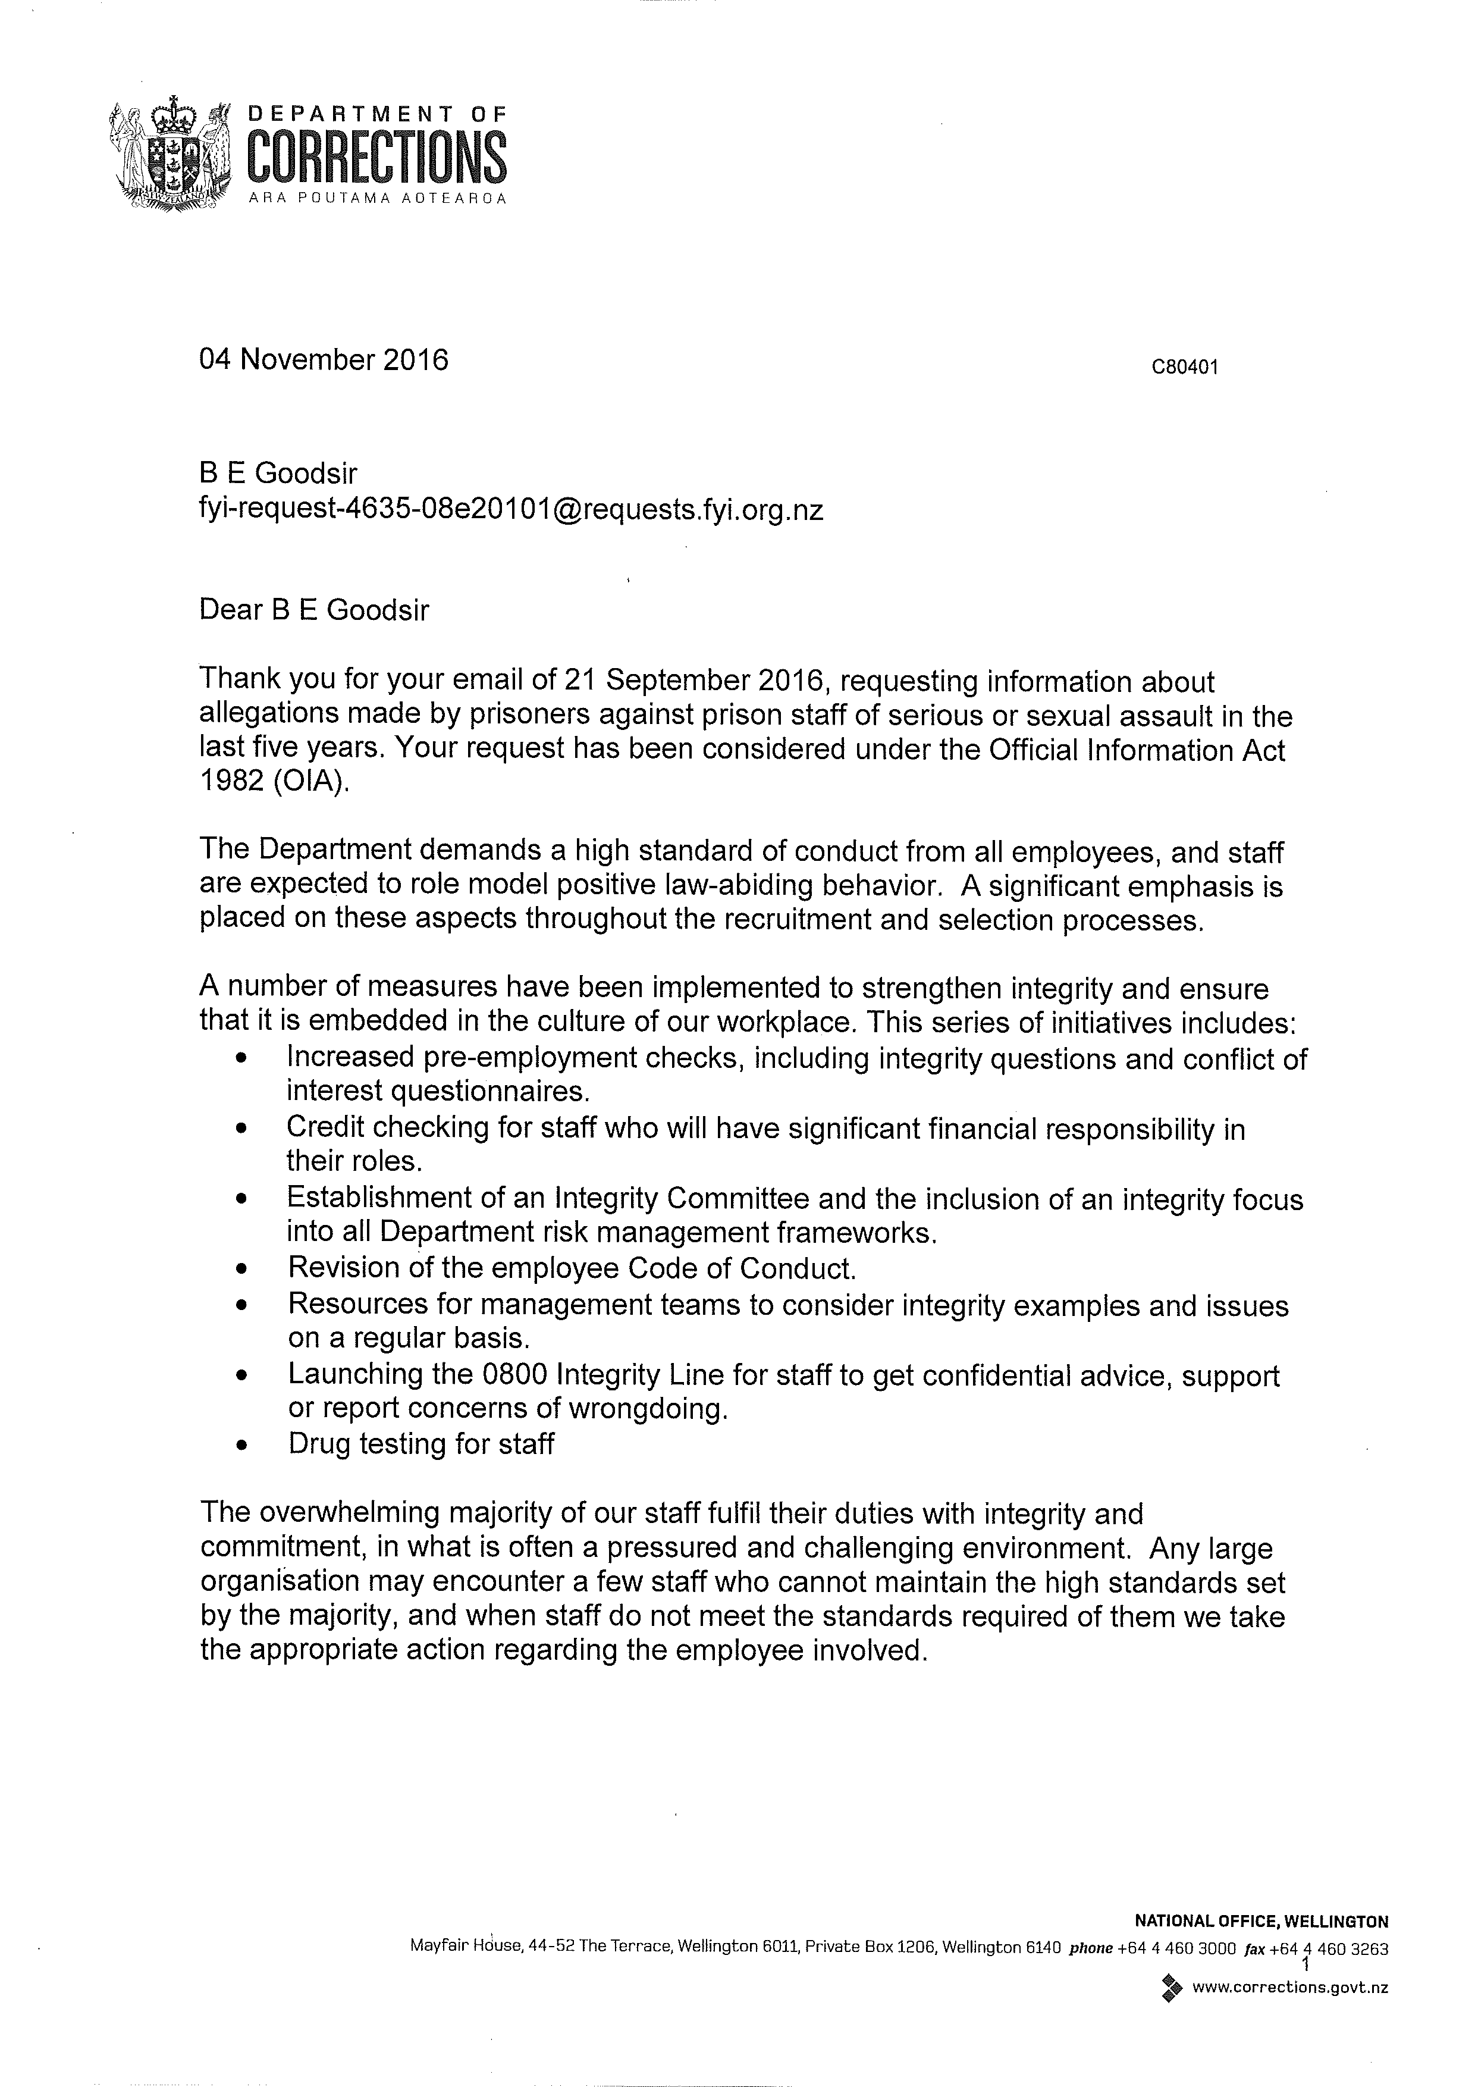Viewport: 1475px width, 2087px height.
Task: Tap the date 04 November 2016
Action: point(324,361)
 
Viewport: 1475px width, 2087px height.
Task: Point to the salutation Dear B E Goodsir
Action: point(313,609)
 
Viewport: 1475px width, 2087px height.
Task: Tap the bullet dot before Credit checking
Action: point(241,1129)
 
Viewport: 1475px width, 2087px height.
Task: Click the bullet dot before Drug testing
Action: point(241,1444)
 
